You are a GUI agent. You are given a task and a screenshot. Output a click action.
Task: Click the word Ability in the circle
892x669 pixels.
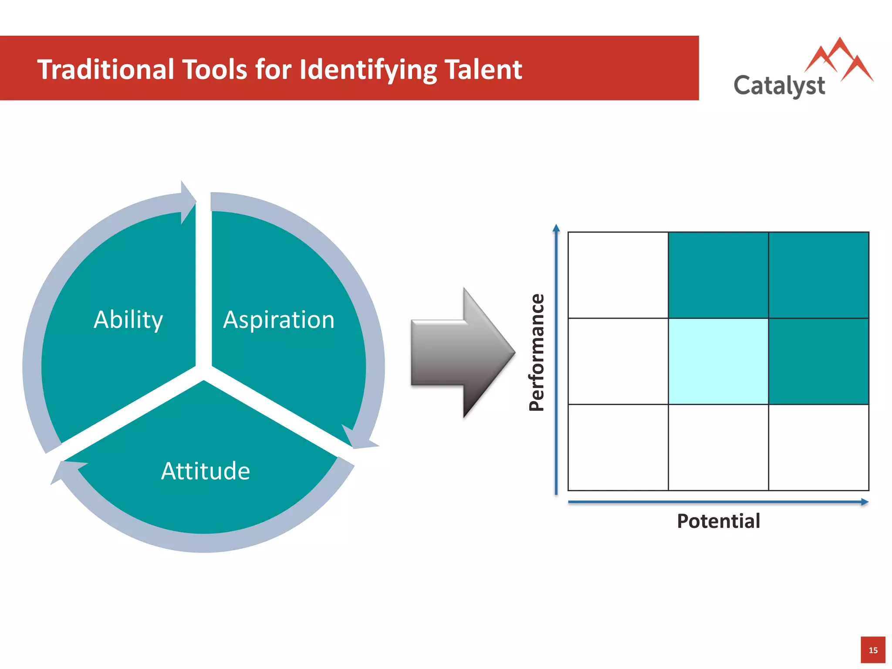tap(128, 320)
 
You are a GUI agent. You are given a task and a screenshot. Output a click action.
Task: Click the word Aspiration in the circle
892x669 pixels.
tap(279, 320)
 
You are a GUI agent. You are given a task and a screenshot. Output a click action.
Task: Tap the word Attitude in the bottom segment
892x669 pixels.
tap(206, 471)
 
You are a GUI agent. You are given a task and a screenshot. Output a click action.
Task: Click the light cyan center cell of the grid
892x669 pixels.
tap(718, 361)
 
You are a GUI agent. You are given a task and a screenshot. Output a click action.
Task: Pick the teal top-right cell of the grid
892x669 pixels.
tap(818, 275)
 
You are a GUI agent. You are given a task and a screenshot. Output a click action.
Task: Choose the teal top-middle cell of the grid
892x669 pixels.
tap(718, 275)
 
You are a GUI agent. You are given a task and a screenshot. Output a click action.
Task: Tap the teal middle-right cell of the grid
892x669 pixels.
tap(818, 361)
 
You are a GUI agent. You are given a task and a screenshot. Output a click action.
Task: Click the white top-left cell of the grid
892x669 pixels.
tap(618, 275)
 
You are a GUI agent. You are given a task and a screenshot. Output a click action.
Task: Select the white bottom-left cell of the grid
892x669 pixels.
tap(618, 447)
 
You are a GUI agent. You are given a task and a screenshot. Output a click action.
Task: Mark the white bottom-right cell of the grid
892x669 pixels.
tap(818, 447)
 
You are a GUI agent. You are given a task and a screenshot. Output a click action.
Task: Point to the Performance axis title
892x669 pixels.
tap(537, 352)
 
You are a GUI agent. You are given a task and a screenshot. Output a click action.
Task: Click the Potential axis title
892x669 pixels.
tap(718, 521)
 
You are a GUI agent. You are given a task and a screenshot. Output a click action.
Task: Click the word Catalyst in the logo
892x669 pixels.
tap(779, 85)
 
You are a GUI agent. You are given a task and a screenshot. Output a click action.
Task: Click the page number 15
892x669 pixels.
tap(873, 650)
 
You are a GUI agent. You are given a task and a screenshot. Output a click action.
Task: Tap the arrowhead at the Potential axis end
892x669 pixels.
tap(865, 502)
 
